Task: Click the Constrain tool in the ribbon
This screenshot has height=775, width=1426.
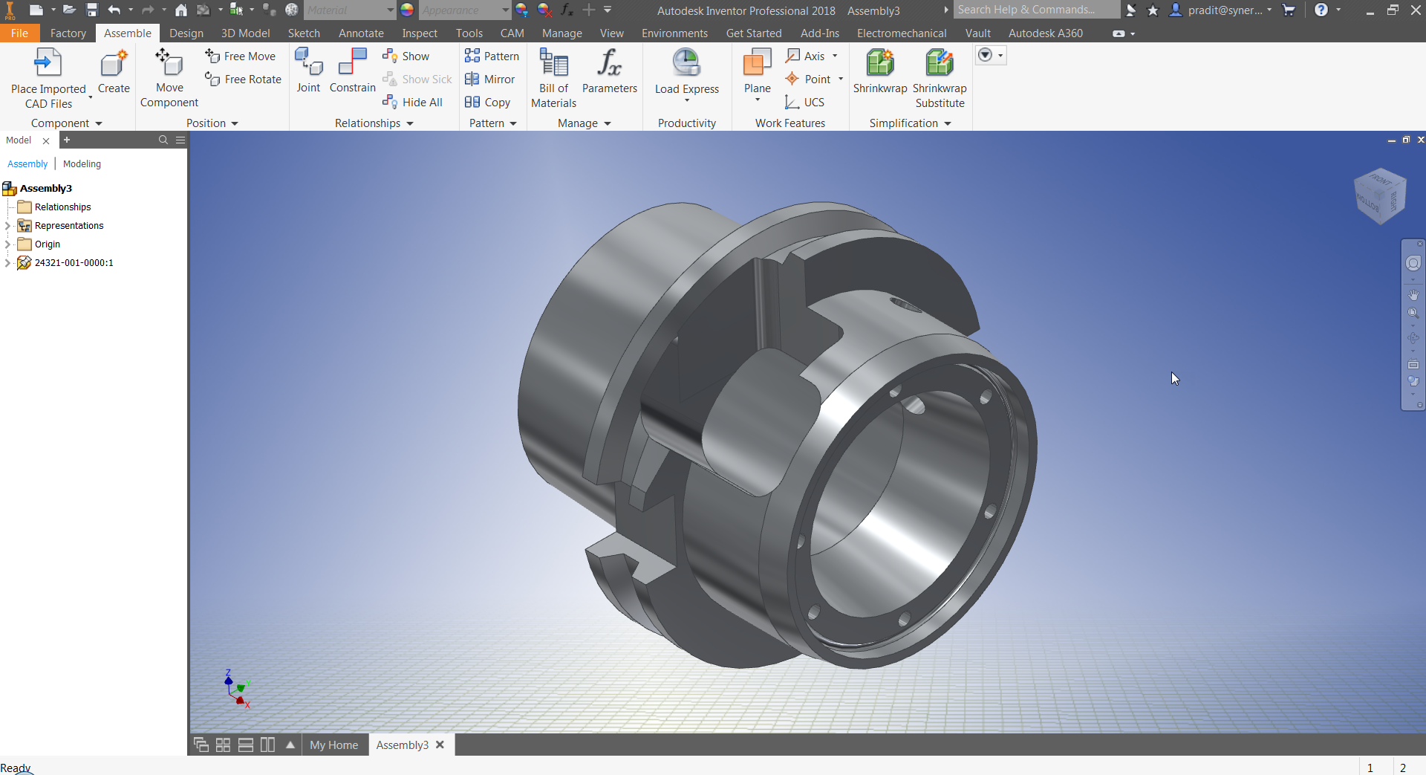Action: (x=352, y=71)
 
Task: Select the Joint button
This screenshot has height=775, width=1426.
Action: (x=308, y=71)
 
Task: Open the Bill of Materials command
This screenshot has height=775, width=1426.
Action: (x=553, y=78)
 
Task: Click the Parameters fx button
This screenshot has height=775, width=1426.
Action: (x=609, y=71)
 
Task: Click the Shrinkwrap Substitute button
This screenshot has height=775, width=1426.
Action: (x=940, y=78)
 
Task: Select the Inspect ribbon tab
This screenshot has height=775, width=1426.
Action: (x=420, y=33)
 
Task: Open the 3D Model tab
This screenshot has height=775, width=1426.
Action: (x=245, y=33)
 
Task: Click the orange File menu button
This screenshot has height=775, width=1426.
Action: (x=19, y=33)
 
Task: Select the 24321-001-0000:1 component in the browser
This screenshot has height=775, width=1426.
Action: (x=74, y=263)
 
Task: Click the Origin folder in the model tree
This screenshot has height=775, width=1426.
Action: (x=47, y=244)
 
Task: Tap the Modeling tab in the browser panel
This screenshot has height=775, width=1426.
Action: (x=82, y=164)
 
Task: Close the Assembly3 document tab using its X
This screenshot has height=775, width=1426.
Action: (x=440, y=745)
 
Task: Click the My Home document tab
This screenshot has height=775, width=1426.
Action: (x=333, y=745)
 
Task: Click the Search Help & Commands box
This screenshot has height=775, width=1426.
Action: (x=1035, y=10)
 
